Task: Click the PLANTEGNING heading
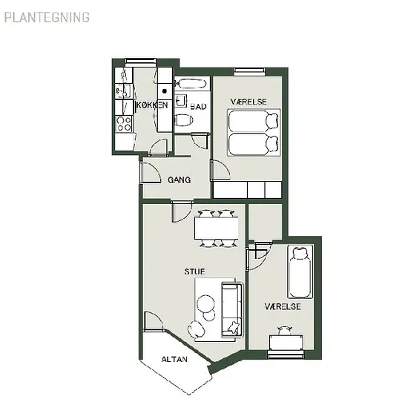47,18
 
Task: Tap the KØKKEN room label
152,105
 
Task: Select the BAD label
198,107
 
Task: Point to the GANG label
179,180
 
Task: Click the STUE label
194,272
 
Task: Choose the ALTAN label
174,359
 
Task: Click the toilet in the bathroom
184,121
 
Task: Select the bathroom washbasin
181,101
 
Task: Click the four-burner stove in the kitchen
124,124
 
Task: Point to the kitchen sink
123,91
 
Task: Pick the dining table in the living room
216,228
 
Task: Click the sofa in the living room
232,309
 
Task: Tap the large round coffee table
205,303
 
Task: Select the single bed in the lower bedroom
300,272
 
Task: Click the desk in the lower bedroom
286,342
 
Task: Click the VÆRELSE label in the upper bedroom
249,102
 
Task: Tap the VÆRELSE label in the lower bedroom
283,306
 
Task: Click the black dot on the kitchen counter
165,91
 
